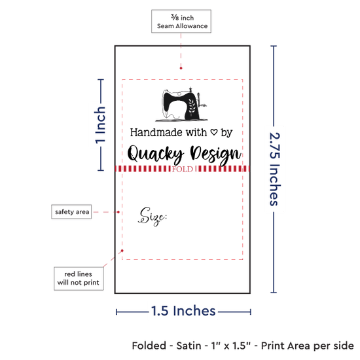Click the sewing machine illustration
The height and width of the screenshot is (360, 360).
click(x=181, y=105)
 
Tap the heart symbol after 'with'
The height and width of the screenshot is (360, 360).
click(x=214, y=132)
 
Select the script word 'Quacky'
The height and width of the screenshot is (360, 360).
click(x=155, y=153)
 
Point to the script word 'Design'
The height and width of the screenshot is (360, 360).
click(x=215, y=154)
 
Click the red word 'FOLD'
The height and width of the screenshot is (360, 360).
click(x=183, y=170)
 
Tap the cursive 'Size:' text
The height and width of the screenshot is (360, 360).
click(x=153, y=216)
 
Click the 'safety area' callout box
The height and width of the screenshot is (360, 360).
click(x=71, y=211)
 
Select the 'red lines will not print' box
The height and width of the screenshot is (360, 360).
click(x=79, y=278)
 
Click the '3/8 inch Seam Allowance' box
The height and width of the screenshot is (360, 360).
click(x=181, y=22)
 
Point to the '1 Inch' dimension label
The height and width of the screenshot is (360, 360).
click(x=100, y=125)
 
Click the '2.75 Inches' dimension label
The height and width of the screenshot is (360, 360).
click(x=274, y=169)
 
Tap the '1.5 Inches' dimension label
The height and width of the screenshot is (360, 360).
click(x=183, y=311)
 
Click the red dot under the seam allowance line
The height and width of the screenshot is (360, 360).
click(x=181, y=68)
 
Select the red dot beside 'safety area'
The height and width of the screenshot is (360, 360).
click(x=118, y=212)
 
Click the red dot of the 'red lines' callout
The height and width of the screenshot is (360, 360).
click(x=122, y=251)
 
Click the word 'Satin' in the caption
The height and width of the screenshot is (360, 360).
click(x=189, y=346)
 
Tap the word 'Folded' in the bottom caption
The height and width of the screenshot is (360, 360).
click(x=149, y=346)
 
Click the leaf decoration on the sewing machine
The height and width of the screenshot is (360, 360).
click(x=192, y=107)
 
